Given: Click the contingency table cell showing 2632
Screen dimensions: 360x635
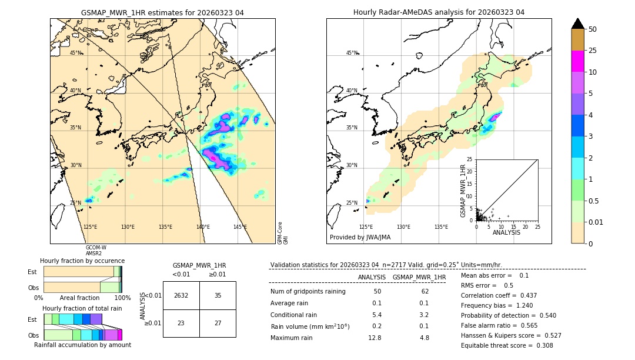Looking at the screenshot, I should [x=181, y=295].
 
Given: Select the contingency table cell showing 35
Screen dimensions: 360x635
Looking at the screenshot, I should [x=218, y=295].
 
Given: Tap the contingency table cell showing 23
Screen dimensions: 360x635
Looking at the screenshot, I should [x=181, y=323].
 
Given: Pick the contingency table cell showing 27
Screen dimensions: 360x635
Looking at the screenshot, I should [x=218, y=323].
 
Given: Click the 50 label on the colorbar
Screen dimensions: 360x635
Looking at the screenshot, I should [x=593, y=29].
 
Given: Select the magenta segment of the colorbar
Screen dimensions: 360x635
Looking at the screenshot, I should [x=577, y=61].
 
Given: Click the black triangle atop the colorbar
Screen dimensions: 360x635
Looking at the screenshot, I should [x=577, y=24].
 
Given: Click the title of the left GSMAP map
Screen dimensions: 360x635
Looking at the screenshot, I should [x=162, y=12].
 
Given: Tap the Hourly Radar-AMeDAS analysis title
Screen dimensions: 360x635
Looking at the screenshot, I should [x=439, y=12].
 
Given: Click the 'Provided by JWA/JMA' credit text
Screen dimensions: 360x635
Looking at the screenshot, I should [x=360, y=238].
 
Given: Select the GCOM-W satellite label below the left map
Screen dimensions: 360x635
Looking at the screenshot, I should [x=96, y=248].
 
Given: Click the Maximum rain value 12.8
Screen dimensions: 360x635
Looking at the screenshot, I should [x=375, y=338].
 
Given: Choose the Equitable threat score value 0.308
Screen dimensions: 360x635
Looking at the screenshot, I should [x=541, y=345].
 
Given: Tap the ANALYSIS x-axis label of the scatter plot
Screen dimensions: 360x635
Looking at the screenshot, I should [x=506, y=232].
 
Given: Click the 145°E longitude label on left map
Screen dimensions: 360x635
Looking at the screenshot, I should [x=240, y=227].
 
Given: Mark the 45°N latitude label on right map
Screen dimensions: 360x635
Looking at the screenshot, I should [x=352, y=53].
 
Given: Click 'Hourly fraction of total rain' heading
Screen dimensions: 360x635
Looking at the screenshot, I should [x=82, y=309].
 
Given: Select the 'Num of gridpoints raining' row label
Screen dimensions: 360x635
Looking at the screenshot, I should [x=308, y=292].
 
